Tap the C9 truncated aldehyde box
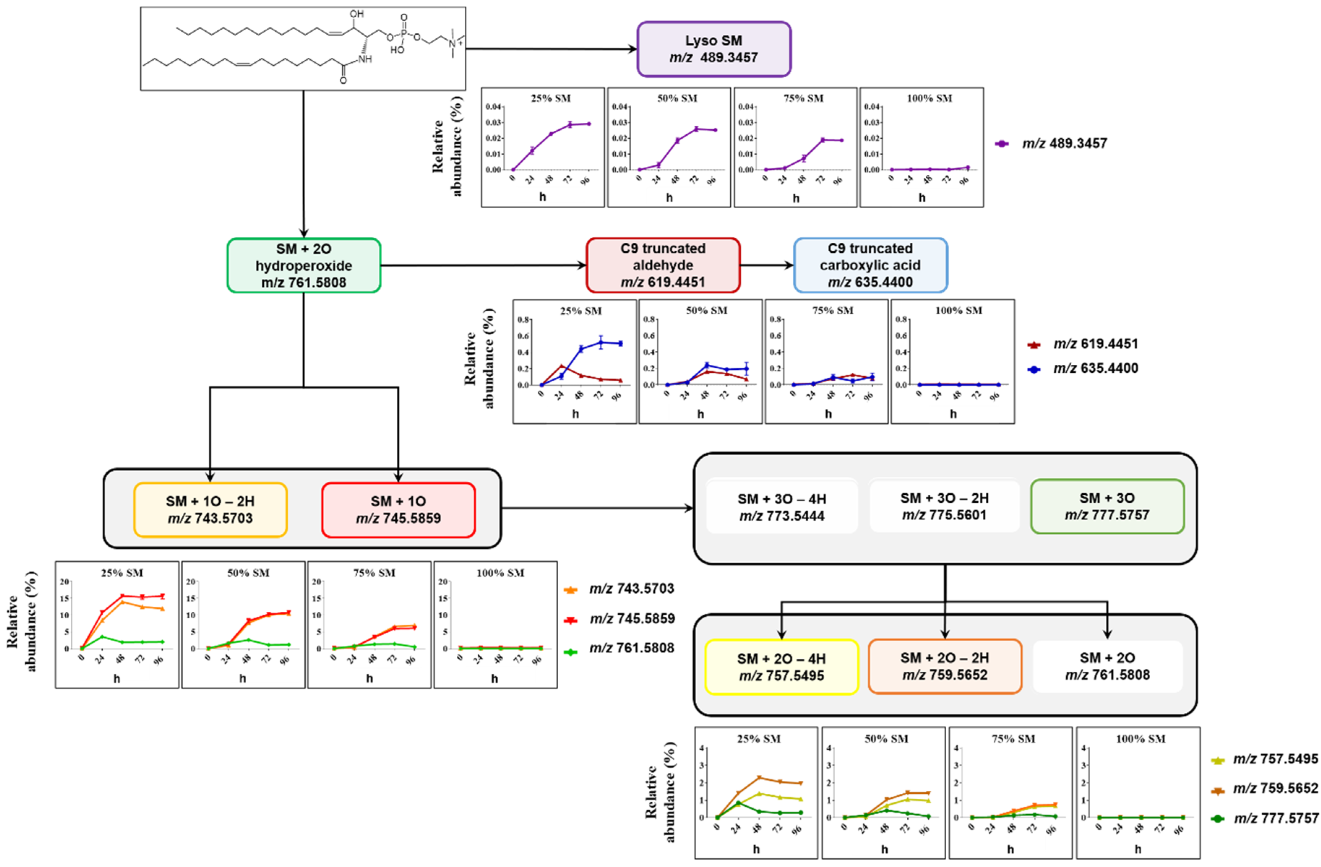pos(663,265)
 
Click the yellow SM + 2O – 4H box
pos(782,667)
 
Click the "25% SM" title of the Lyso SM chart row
pos(551,98)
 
